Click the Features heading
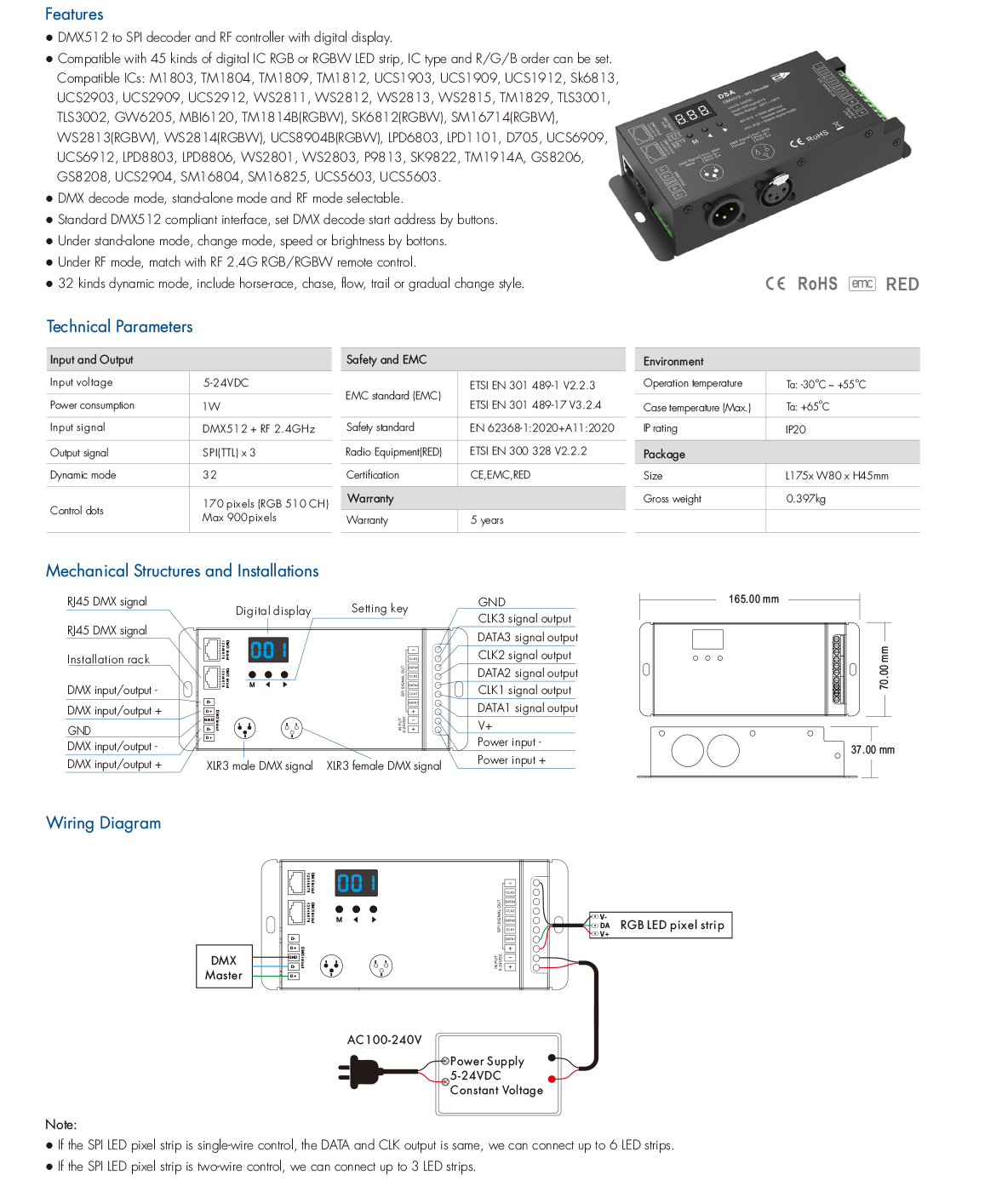pos(74,14)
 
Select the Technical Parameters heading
pos(119,327)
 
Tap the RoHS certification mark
pos(817,284)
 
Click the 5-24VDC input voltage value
pos(226,383)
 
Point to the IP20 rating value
pos(796,429)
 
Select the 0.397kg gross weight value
pos(805,499)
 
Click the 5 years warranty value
pos(487,520)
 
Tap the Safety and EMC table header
pos(386,360)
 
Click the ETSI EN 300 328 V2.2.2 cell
pos(528,451)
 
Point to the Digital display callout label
pos(273,610)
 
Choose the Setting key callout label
pos(380,609)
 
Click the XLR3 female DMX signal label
pos(384,766)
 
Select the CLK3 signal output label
pos(524,619)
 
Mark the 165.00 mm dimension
pos(753,599)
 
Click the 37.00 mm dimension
pos(873,750)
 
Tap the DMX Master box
pos(224,967)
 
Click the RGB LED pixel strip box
pos(672,926)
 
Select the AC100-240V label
pos(384,1040)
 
